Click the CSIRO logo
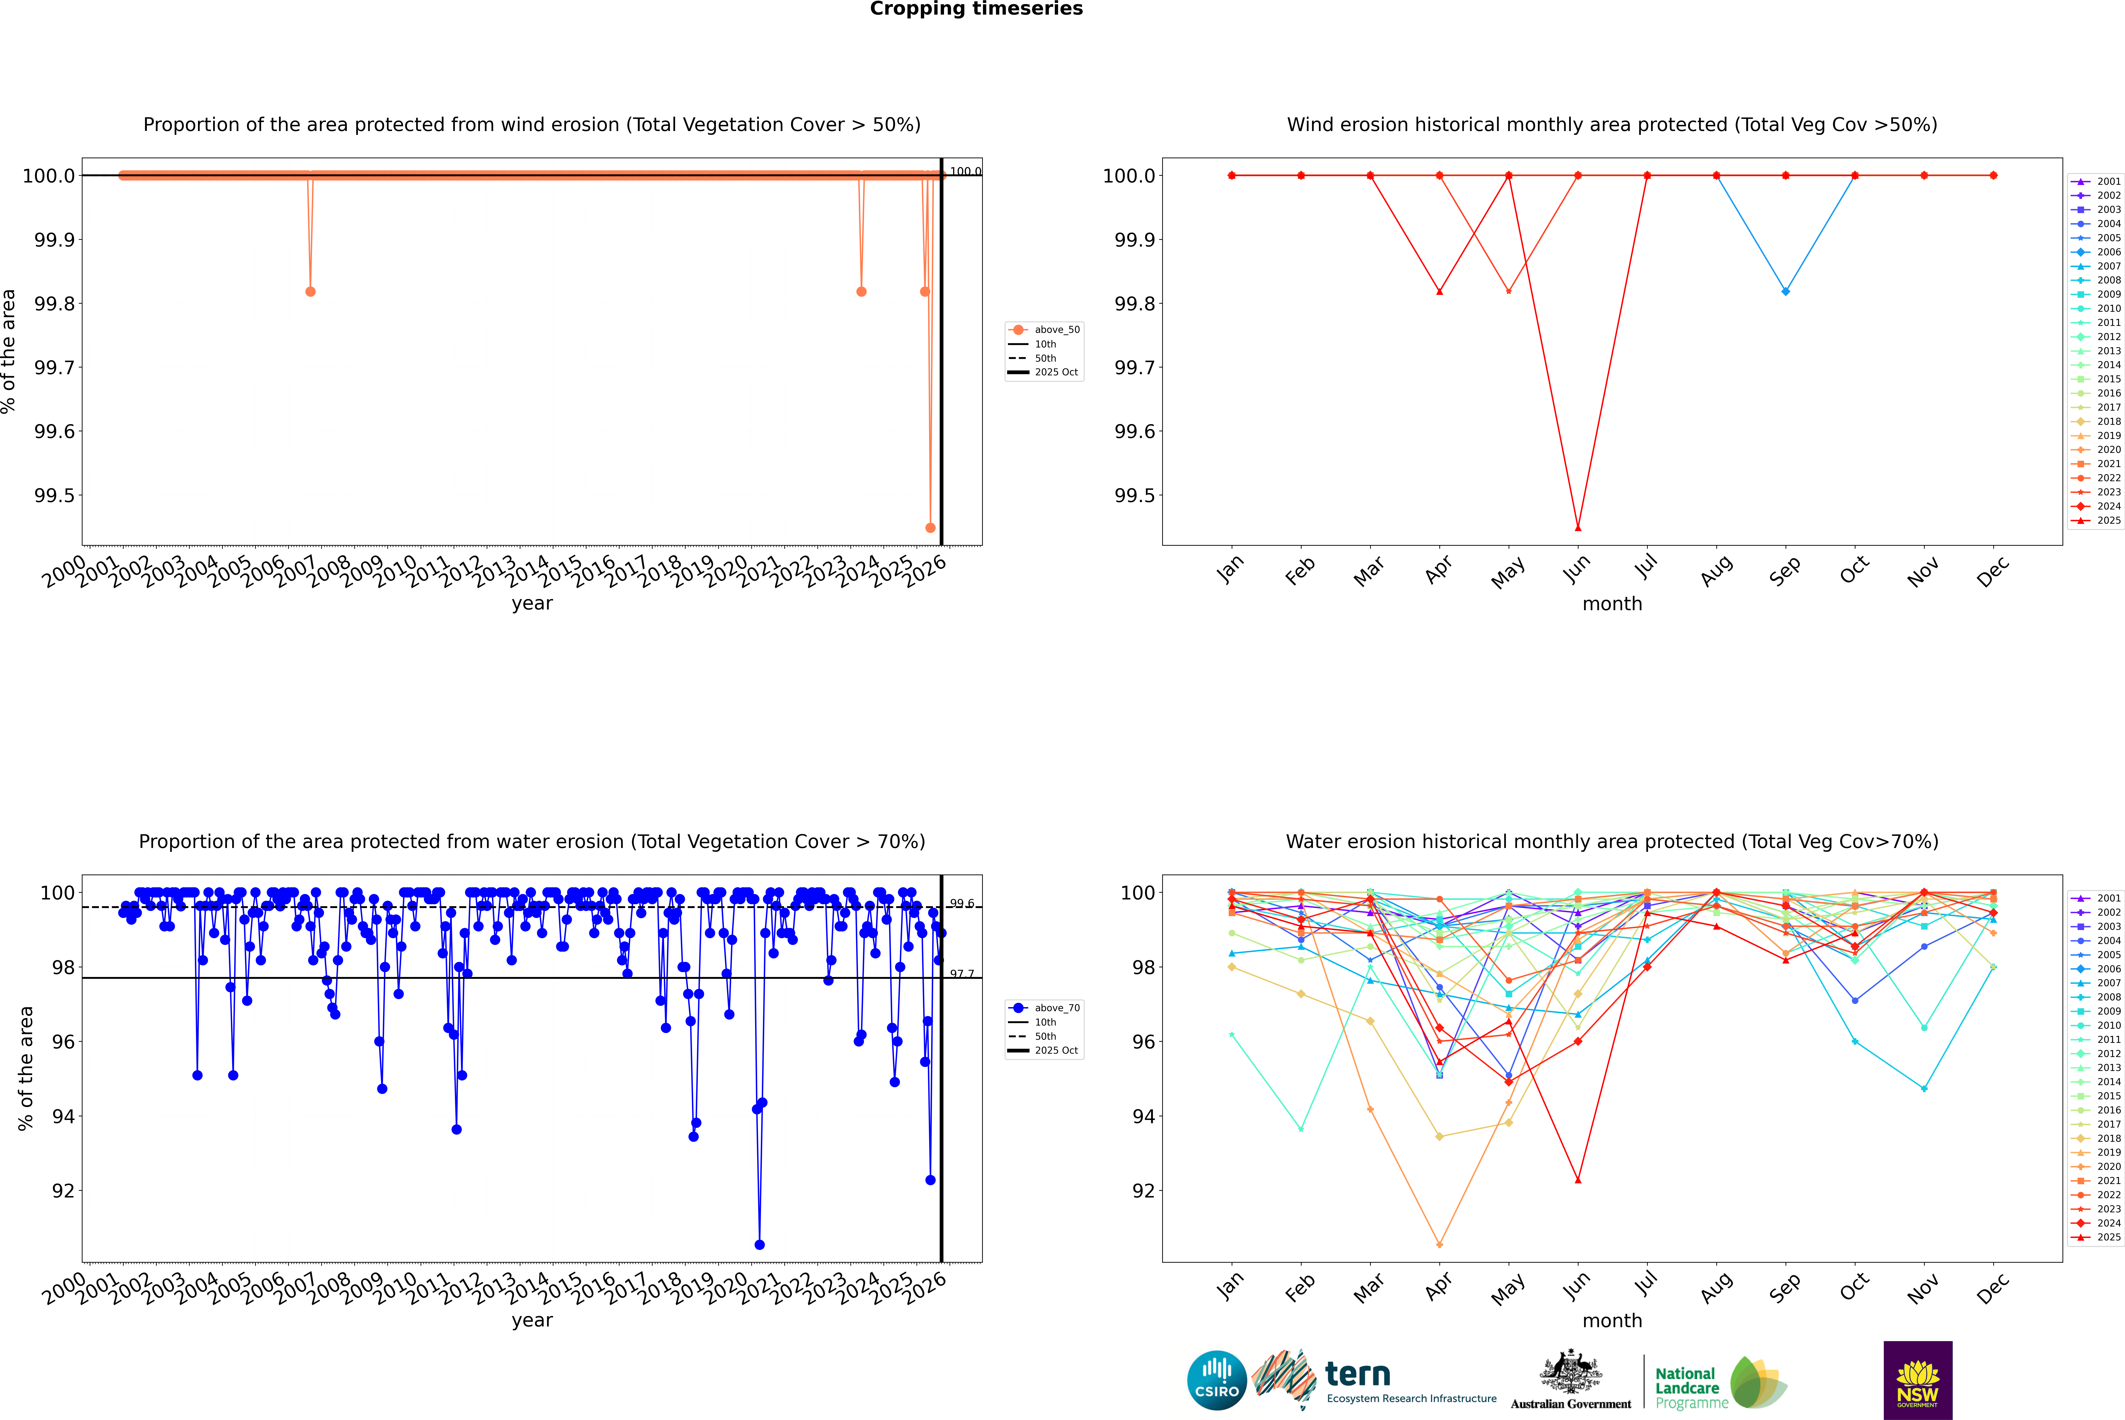point(1217,1380)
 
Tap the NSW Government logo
point(1918,1380)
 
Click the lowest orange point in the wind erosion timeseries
point(930,528)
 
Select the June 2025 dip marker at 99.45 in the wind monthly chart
point(1578,528)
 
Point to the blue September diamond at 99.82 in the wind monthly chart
point(1785,292)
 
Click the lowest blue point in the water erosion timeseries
point(759,1245)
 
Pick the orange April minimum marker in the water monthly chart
point(1439,1245)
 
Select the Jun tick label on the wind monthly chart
point(1576,569)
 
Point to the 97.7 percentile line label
point(962,975)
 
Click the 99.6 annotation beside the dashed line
point(962,904)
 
